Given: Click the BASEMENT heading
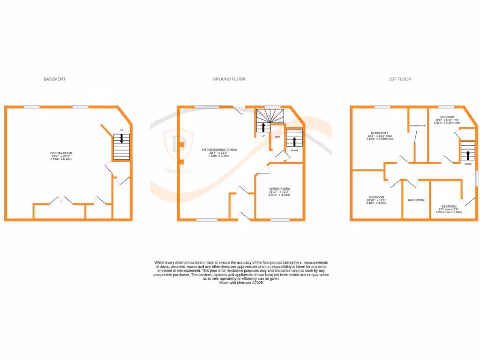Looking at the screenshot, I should (54, 79).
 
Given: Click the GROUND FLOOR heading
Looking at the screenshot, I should (229, 79).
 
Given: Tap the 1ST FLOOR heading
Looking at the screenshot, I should (400, 79).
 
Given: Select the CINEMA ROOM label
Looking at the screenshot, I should (61, 153).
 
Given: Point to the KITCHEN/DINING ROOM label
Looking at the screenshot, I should (219, 150).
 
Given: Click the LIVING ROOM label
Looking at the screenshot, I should (279, 189).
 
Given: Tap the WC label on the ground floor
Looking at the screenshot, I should (277, 137).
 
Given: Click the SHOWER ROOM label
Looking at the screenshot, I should (418, 126).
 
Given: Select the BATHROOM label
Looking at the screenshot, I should (416, 200).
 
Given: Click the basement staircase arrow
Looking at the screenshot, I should (122, 139).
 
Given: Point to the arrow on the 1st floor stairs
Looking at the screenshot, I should (467, 155).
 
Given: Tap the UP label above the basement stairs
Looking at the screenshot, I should (121, 130).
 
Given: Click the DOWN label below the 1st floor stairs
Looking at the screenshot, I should (468, 165).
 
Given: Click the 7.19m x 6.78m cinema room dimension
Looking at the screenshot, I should (61, 159).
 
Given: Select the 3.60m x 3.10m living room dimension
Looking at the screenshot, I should (279, 195).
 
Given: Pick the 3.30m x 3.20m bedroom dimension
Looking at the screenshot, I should (376, 203).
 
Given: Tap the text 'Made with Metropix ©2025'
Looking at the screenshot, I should (241, 283).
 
